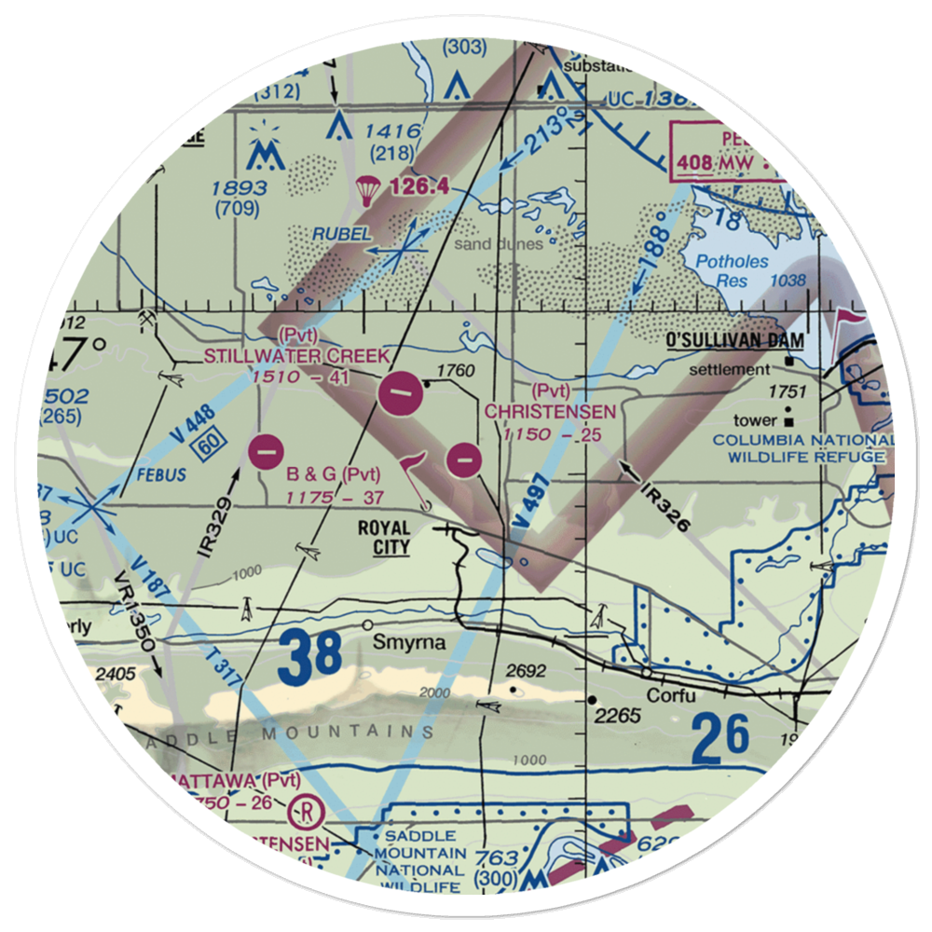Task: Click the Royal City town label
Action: pyautogui.click(x=384, y=538)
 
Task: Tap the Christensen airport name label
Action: pyautogui.click(x=550, y=411)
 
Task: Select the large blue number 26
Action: pyautogui.click(x=720, y=735)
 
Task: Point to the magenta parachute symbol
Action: pyautogui.click(x=367, y=189)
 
